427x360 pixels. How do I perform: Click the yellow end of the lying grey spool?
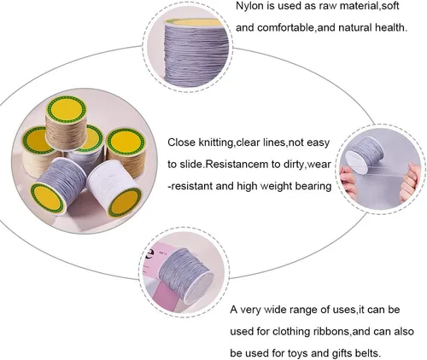tap(48, 199)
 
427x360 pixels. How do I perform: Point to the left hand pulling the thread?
tap(348, 181)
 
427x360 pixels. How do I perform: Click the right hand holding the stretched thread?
tap(410, 182)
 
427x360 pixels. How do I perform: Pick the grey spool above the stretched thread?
tap(365, 154)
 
